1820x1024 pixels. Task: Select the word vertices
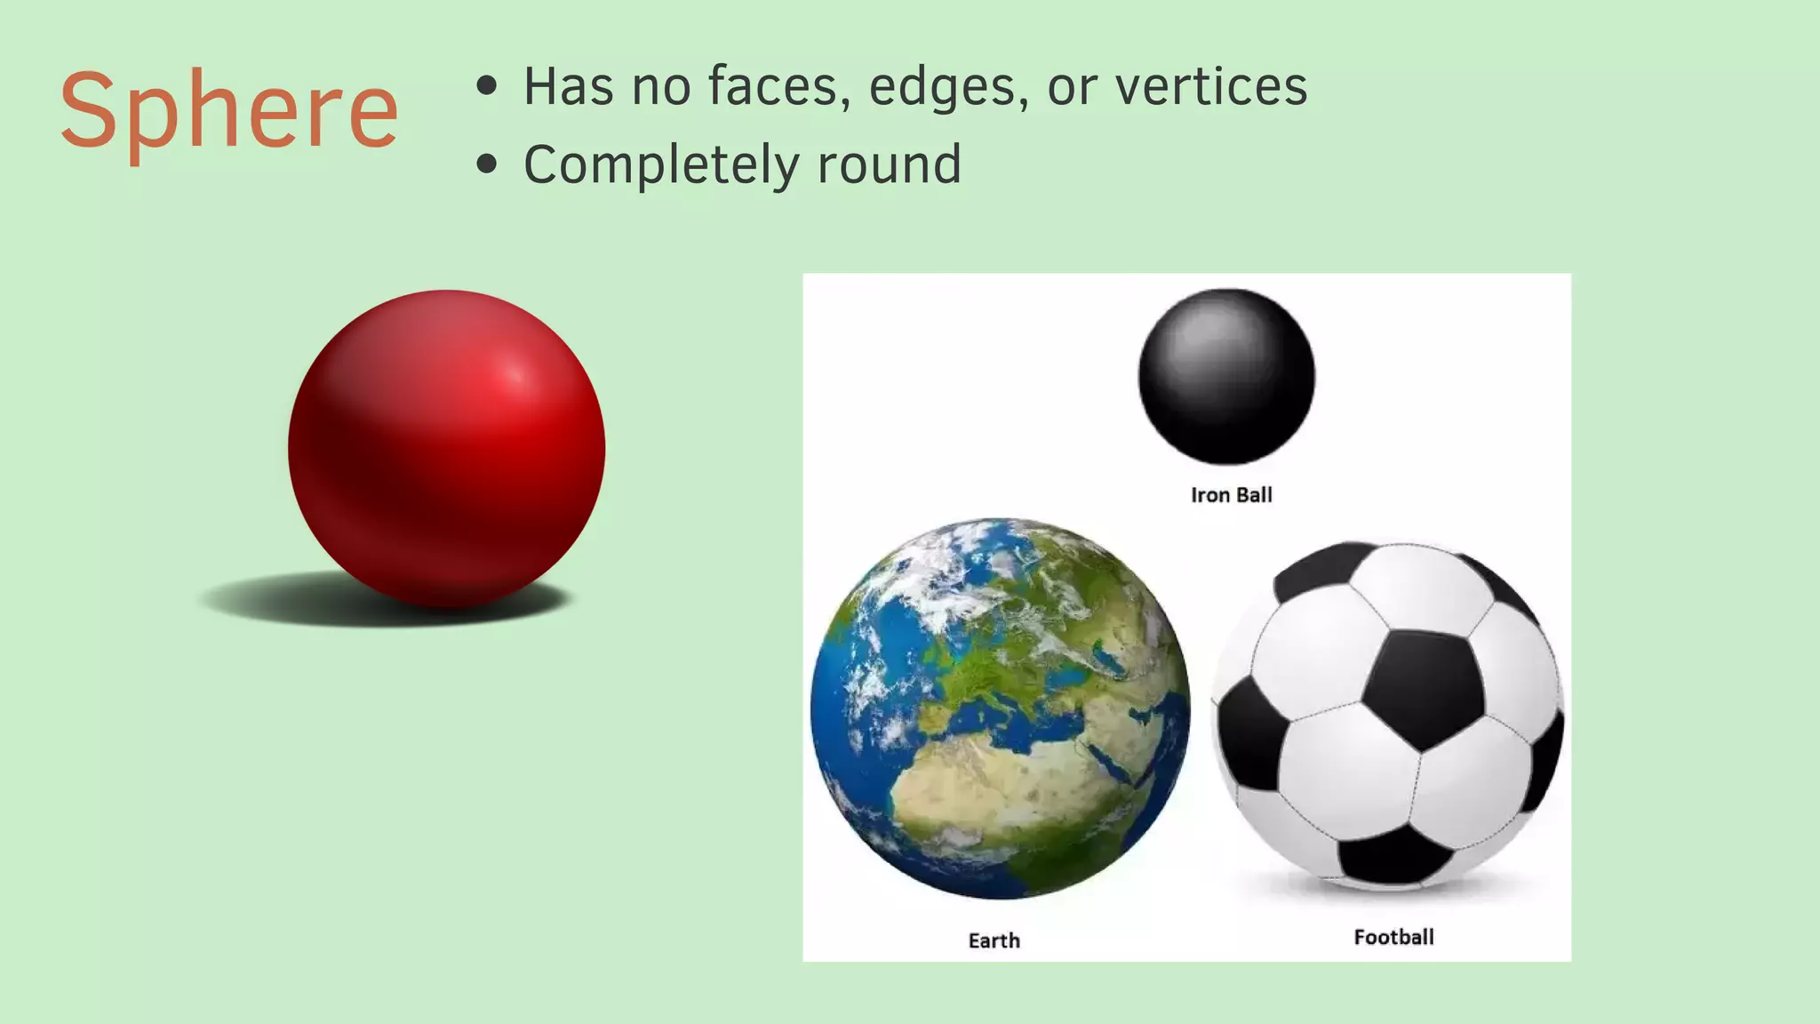[1211, 87]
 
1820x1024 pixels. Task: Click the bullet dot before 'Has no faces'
[486, 86]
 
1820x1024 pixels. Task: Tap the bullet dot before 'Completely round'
[486, 164]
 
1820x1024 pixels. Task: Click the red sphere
[446, 449]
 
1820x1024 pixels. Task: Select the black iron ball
[1226, 376]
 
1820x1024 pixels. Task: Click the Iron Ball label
[1231, 495]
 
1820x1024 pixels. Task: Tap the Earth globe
[1000, 708]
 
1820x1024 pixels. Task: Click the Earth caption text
[994, 940]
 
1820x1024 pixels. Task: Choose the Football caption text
[1393, 937]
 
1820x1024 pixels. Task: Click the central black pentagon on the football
[1422, 689]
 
